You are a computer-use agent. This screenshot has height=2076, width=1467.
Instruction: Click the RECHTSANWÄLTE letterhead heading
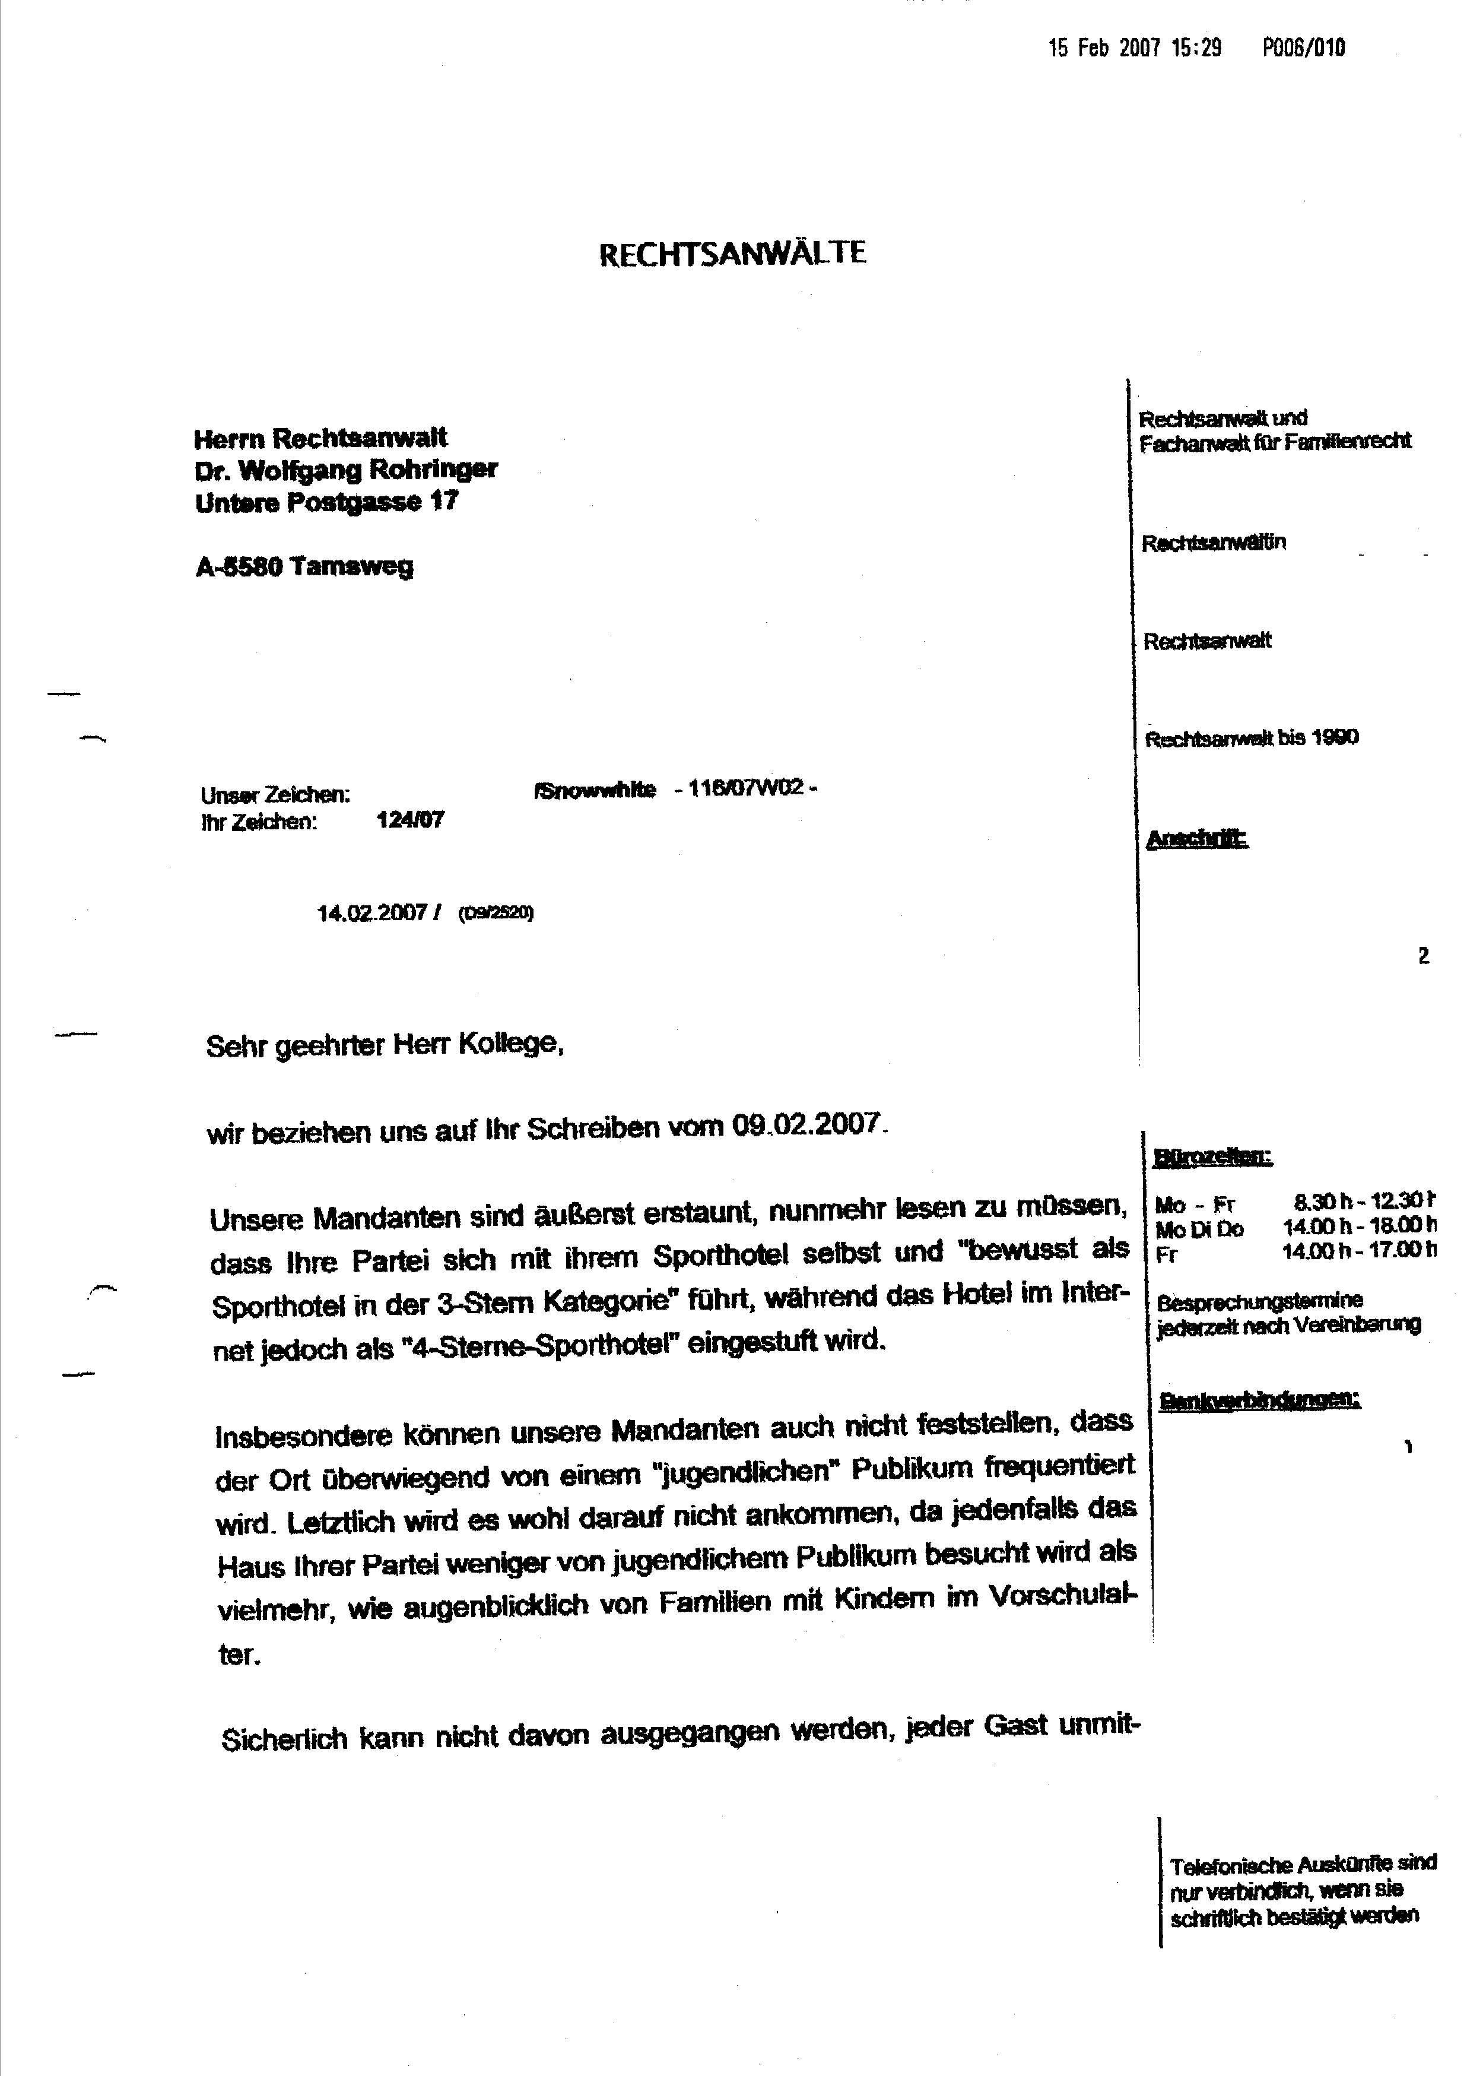pyautogui.click(x=732, y=253)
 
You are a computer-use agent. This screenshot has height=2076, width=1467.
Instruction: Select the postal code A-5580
pyautogui.click(x=240, y=567)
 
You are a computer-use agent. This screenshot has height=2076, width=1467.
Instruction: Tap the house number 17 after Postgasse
pyautogui.click(x=444, y=502)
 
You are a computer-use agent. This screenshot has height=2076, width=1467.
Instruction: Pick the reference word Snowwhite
pyautogui.click(x=596, y=790)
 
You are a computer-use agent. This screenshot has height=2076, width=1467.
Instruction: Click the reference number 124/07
pyautogui.click(x=409, y=820)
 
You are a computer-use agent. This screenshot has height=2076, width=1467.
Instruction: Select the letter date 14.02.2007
pyautogui.click(x=371, y=912)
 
